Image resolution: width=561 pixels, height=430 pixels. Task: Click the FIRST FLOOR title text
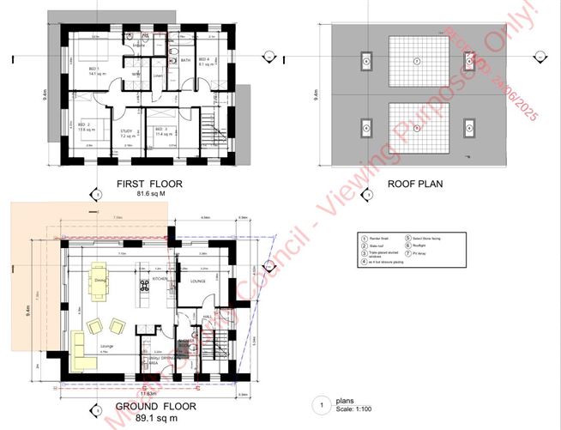tap(149, 184)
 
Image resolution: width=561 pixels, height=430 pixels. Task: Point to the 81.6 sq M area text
tap(149, 194)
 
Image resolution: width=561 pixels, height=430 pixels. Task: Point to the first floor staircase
tap(209, 130)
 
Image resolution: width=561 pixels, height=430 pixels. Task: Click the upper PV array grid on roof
tap(418, 60)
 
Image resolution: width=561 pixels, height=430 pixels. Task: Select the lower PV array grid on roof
tap(418, 127)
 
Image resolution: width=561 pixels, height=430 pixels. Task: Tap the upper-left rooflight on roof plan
tap(365, 60)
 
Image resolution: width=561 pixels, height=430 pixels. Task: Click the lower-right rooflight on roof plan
tap(470, 127)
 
